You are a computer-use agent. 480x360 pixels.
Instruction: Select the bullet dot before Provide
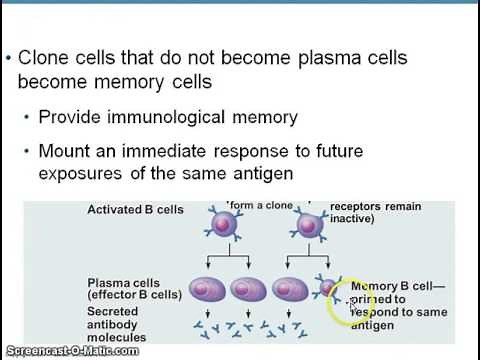coord(26,117)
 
